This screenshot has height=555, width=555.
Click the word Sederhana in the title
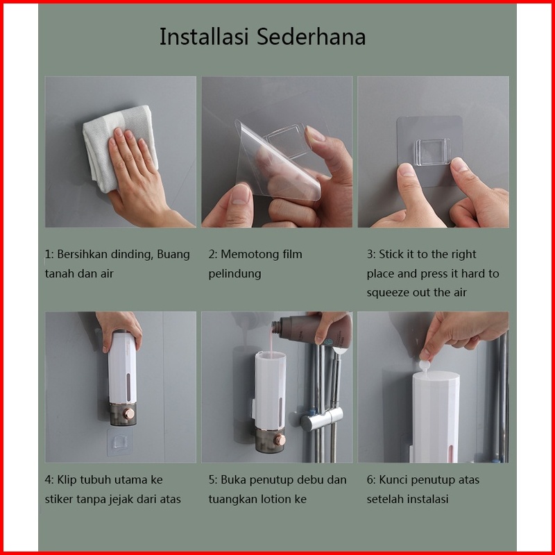coord(311,37)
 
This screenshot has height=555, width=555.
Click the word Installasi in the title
coord(204,37)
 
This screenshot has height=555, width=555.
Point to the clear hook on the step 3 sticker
coord(432,152)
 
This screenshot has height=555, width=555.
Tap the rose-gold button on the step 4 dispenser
coord(129,413)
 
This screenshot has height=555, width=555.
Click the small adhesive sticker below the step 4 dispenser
coord(119,441)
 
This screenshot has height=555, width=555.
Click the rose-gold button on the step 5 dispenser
coord(280,440)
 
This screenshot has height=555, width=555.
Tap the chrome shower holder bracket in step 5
coord(322,418)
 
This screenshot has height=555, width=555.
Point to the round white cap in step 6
coord(425,366)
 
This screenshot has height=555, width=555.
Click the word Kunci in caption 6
coord(393,480)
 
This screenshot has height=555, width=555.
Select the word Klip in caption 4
coord(67,480)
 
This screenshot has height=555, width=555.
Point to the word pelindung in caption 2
coord(234,274)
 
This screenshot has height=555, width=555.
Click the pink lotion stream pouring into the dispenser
coord(272,341)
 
